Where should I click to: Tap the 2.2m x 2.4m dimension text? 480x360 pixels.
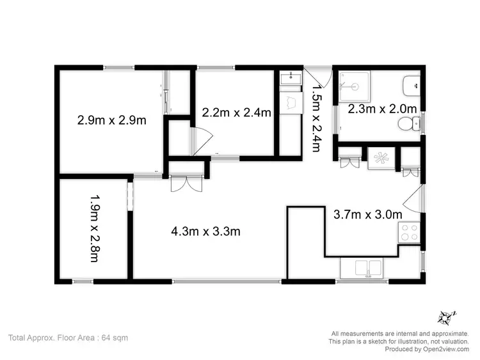pyautogui.click(x=236, y=113)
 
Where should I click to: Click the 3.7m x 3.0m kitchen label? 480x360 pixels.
pyautogui.click(x=368, y=214)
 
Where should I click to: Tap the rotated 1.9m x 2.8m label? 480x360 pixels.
pyautogui.click(x=93, y=229)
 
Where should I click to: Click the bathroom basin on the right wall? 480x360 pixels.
pyautogui.click(x=411, y=84)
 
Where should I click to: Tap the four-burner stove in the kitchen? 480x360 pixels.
pyautogui.click(x=408, y=231)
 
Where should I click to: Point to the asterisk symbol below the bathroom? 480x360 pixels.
pyautogui.click(x=382, y=158)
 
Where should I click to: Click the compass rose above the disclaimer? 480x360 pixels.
pyautogui.click(x=446, y=317)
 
